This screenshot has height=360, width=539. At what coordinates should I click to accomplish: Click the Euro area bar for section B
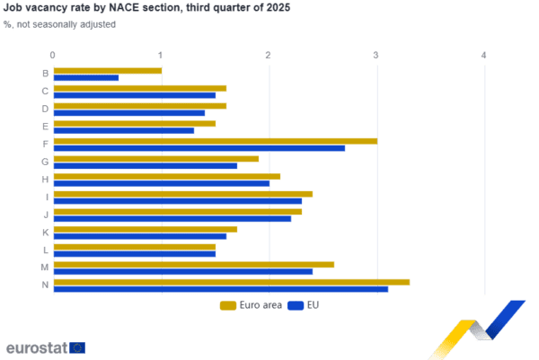[x=108, y=70]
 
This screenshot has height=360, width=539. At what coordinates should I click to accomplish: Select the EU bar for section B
[x=86, y=78]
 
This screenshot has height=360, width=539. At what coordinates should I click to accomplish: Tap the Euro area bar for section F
[x=216, y=141]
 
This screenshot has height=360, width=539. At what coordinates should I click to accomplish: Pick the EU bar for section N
[x=221, y=289]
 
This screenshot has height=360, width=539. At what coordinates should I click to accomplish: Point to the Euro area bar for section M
[x=194, y=264]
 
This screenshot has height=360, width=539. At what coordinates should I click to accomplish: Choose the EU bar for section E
[x=124, y=131]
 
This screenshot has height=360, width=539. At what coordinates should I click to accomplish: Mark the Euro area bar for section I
[x=183, y=193]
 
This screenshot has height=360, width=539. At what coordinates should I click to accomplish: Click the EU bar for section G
[x=146, y=166]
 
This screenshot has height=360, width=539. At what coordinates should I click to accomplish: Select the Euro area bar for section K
[x=146, y=229]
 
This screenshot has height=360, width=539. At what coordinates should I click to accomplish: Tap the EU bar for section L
[x=135, y=254]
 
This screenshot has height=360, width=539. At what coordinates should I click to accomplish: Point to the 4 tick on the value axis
[x=484, y=55]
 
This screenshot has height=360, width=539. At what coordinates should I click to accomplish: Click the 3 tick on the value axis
[x=376, y=55]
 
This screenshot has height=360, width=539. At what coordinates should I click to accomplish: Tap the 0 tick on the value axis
[x=53, y=55]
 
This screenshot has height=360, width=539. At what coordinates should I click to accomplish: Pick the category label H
[x=45, y=180]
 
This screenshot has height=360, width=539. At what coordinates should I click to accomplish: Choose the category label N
[x=45, y=285]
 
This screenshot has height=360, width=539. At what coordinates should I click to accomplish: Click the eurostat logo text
[x=36, y=347]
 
